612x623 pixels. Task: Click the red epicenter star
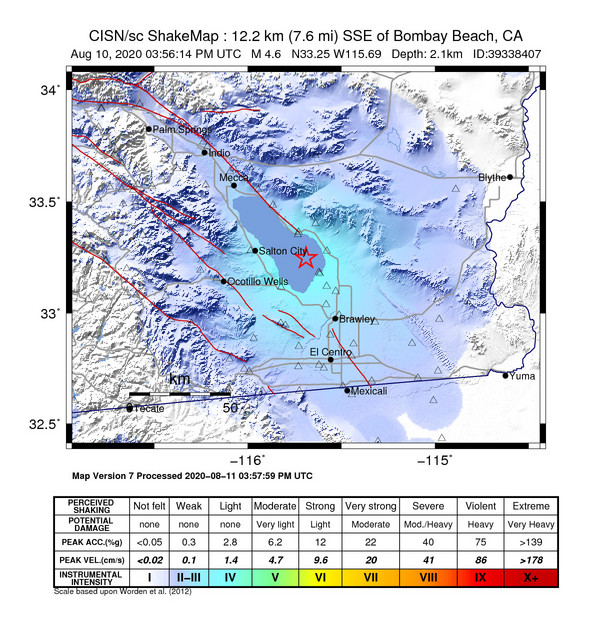[307, 258]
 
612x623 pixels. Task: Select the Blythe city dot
[510, 177]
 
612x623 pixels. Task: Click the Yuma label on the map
[521, 377]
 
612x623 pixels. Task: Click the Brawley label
[357, 320]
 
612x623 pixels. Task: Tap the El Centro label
[328, 352]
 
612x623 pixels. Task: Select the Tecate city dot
[129, 407]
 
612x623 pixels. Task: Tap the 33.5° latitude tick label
[45, 203]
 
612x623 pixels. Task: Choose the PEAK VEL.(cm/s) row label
[92, 560]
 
